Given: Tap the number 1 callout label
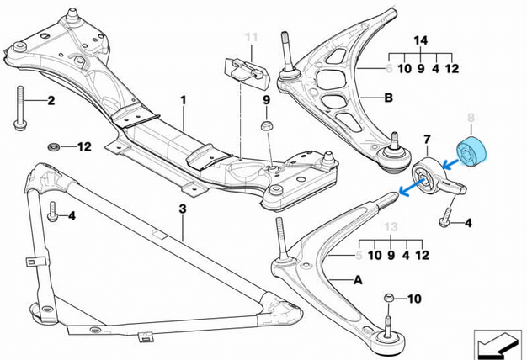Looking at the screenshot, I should point(182,100).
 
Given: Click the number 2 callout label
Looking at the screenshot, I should point(51,102).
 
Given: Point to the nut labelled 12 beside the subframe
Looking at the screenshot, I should point(55,146).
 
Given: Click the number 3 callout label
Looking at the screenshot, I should point(182,207).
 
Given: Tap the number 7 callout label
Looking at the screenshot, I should point(427,139).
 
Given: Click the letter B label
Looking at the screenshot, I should point(388,98).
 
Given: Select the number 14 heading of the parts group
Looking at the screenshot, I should point(420,40).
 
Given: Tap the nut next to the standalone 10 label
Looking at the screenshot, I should point(388,298).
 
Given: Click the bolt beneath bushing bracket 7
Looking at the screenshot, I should point(444,221).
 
